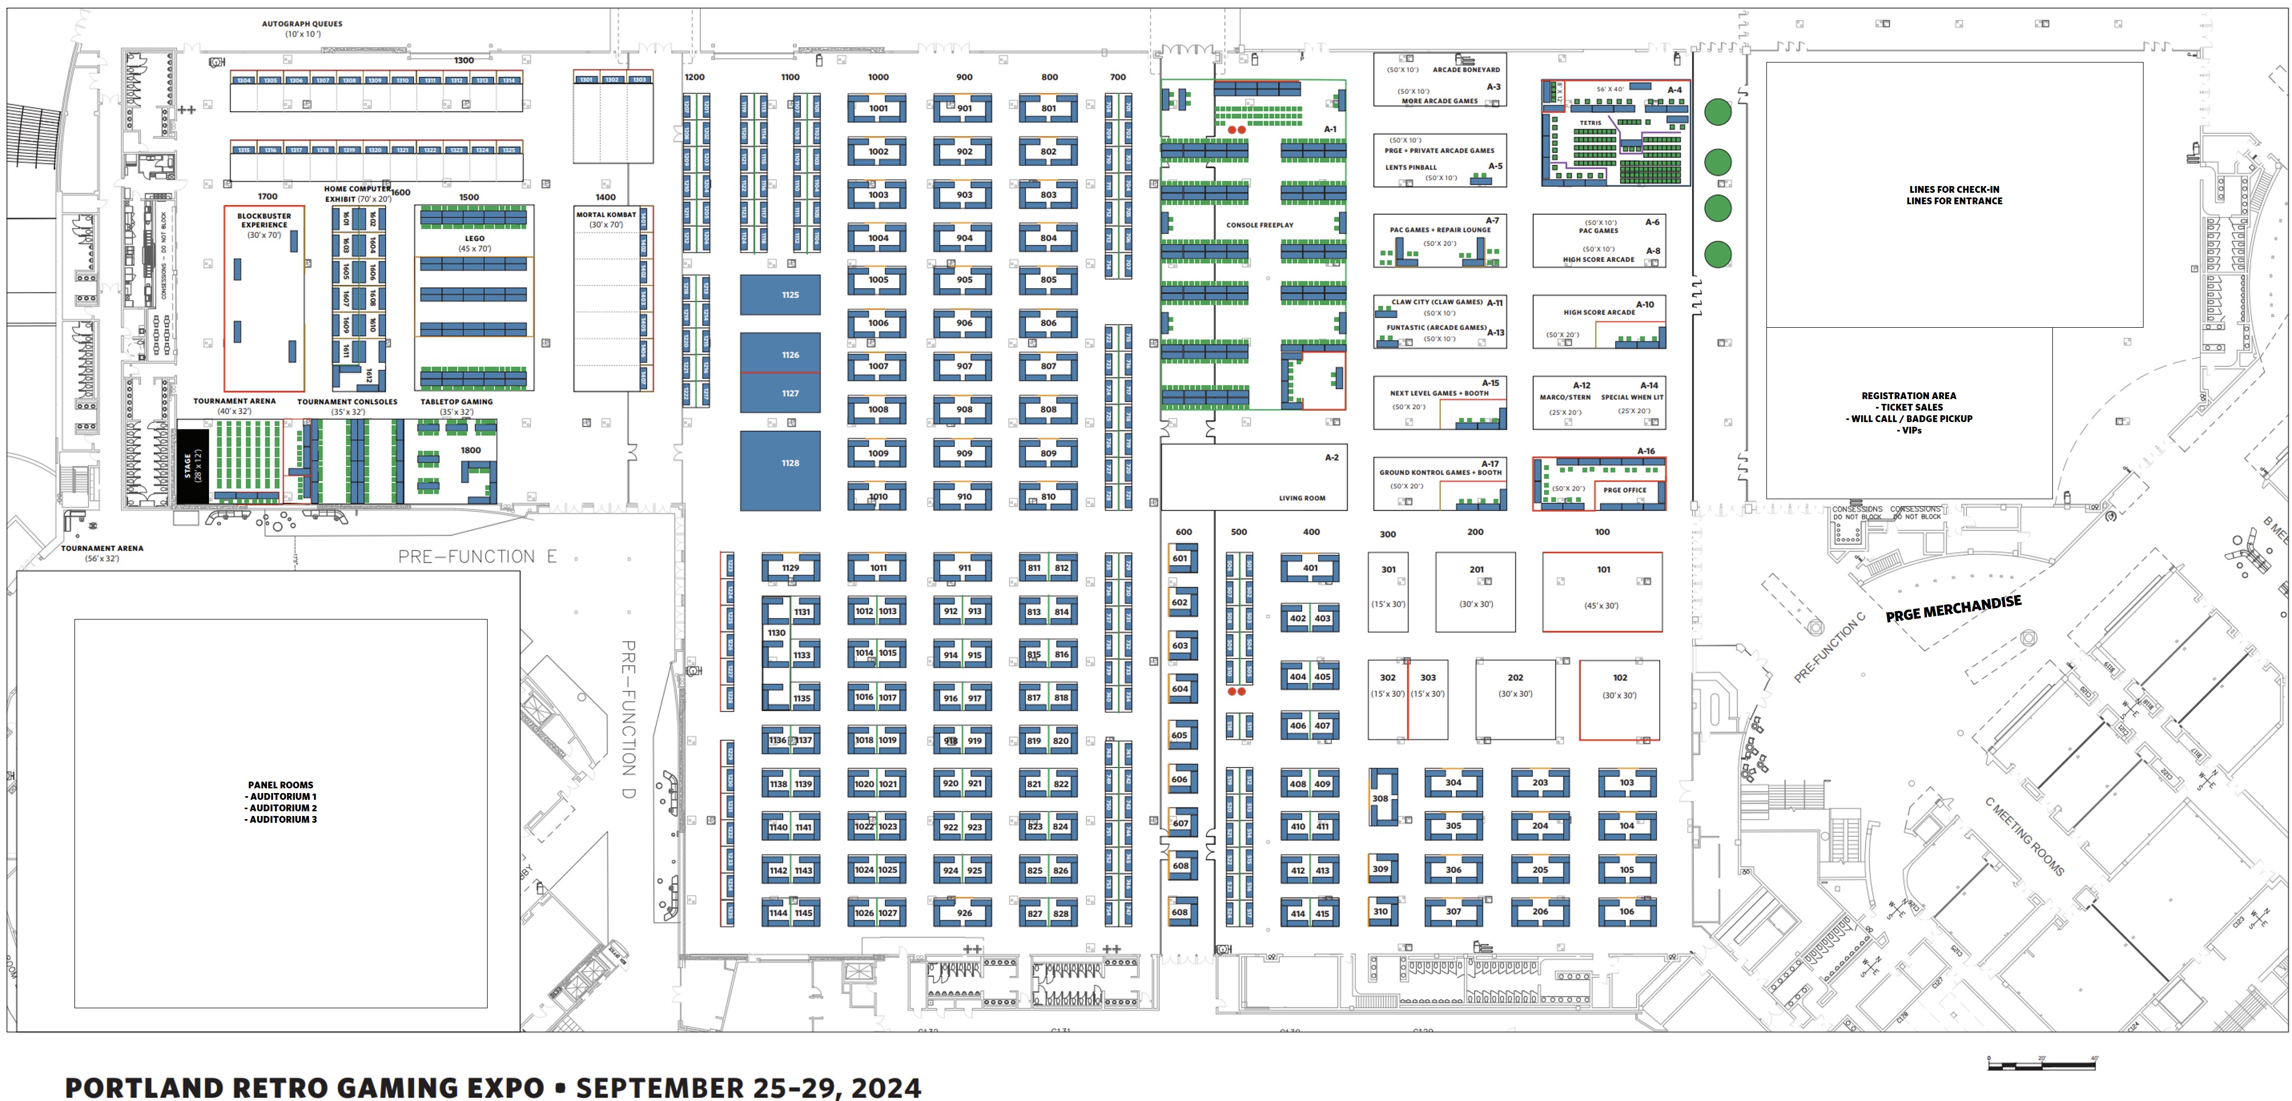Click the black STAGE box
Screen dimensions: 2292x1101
[x=192, y=465]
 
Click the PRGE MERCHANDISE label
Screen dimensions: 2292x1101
[x=1953, y=609]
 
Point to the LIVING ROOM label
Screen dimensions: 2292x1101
[x=1302, y=499]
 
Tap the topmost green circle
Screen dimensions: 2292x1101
[x=1717, y=112]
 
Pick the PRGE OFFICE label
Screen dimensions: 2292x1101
[x=1625, y=489]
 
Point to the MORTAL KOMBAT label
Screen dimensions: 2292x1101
[x=606, y=215]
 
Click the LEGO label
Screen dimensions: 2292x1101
[x=474, y=239]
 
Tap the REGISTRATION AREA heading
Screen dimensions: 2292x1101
[x=1909, y=396]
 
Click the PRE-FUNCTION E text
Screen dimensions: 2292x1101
[x=477, y=557]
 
